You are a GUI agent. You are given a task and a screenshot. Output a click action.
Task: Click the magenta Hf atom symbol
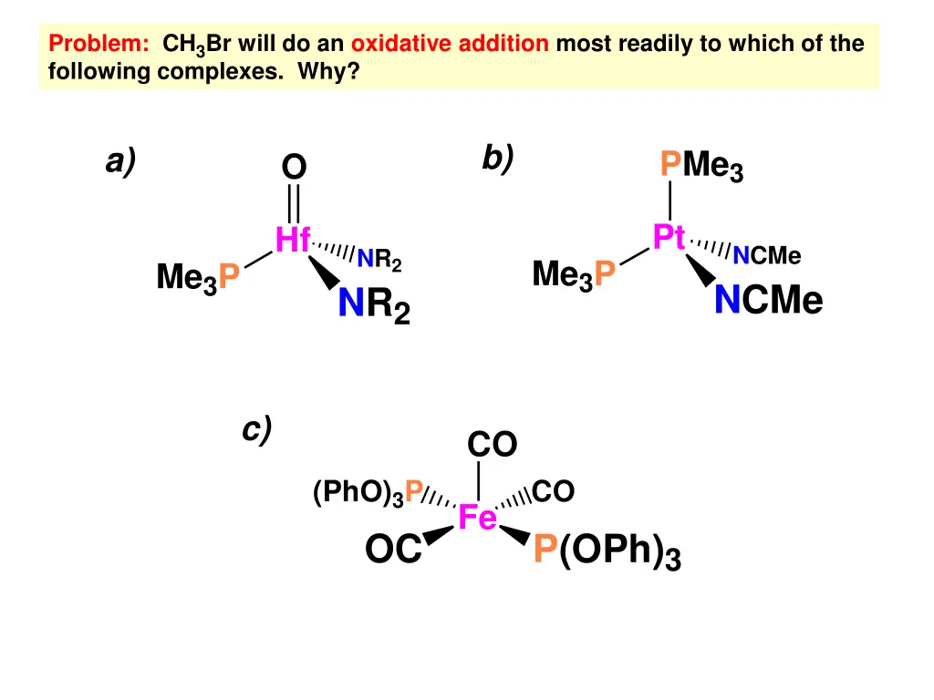[x=293, y=241]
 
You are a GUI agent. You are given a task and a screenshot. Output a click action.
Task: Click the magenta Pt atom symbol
[x=669, y=237]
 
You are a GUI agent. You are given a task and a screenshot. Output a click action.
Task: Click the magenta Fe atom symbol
[x=477, y=518]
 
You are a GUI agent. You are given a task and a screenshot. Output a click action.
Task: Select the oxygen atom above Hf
[x=294, y=167]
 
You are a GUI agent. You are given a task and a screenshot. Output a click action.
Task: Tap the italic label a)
[x=120, y=161]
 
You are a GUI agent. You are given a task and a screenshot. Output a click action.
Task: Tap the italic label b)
[x=498, y=158]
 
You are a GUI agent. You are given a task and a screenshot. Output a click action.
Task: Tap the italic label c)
[x=257, y=429]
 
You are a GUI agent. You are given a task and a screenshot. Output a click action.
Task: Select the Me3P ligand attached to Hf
[x=198, y=277]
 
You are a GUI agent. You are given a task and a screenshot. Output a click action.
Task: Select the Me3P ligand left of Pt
[x=574, y=273]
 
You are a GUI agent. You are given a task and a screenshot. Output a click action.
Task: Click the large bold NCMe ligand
[x=768, y=299]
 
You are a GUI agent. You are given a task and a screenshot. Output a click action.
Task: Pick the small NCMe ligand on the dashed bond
[x=766, y=256]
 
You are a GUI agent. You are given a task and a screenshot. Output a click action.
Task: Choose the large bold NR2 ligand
[x=374, y=305]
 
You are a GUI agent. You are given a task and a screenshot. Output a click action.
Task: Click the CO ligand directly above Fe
[x=492, y=445]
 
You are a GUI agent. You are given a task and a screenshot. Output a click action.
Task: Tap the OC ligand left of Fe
[x=393, y=551]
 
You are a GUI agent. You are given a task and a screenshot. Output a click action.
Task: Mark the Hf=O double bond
[x=294, y=203]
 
